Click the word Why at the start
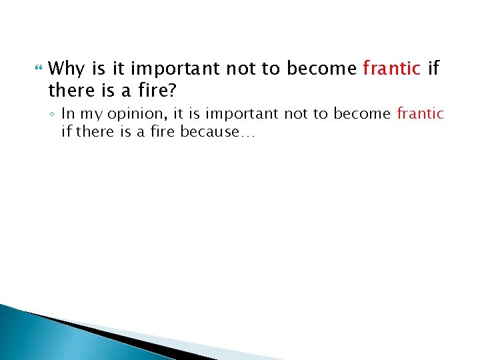coord(65,69)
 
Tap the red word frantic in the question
coord(391,69)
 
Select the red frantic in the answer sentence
coord(420,113)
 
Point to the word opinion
coord(126,113)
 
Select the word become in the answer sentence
coord(363,113)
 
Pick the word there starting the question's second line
coord(69,89)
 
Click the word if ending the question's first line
coord(433,69)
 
